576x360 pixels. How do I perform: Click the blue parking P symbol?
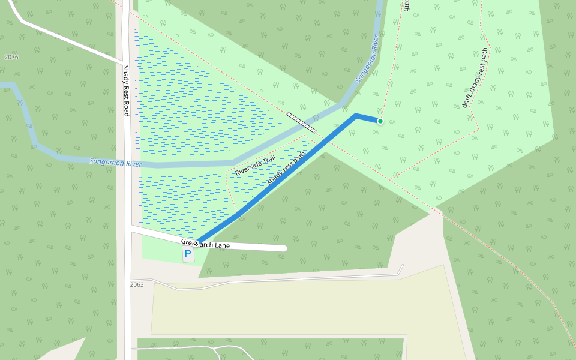click(188, 254)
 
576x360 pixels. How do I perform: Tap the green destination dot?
click(380, 121)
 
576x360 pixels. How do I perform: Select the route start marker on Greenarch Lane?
click(196, 244)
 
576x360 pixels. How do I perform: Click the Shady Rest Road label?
click(126, 90)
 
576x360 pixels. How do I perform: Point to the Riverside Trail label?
click(255, 165)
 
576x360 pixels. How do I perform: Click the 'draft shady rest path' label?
click(476, 78)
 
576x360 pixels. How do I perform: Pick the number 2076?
click(11, 57)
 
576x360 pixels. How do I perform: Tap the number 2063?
click(137, 284)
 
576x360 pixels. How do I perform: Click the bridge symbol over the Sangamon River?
click(301, 122)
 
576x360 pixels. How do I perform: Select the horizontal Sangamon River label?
click(115, 162)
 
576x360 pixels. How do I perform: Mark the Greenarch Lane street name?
click(213, 245)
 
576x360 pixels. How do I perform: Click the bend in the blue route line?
click(356, 115)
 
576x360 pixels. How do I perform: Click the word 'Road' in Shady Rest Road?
click(126, 108)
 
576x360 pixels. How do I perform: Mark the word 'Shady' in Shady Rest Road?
click(126, 73)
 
